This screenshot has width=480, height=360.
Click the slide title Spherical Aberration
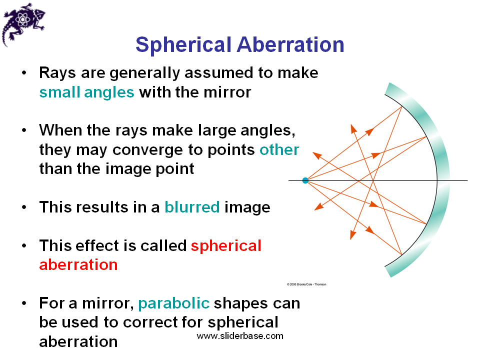239,45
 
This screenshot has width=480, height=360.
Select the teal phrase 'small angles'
86,92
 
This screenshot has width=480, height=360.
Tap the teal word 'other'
279,150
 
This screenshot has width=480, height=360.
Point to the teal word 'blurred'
192,207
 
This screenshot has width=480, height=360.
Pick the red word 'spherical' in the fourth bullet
226,245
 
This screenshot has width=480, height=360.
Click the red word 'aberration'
78,264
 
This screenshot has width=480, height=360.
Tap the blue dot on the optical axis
305,180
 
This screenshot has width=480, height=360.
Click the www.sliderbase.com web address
240,335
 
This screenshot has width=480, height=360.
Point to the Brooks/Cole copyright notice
306,284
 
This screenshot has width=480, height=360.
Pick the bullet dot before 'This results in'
24,207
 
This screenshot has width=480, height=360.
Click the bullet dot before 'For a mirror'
24,303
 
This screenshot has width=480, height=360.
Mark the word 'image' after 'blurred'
247,207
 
